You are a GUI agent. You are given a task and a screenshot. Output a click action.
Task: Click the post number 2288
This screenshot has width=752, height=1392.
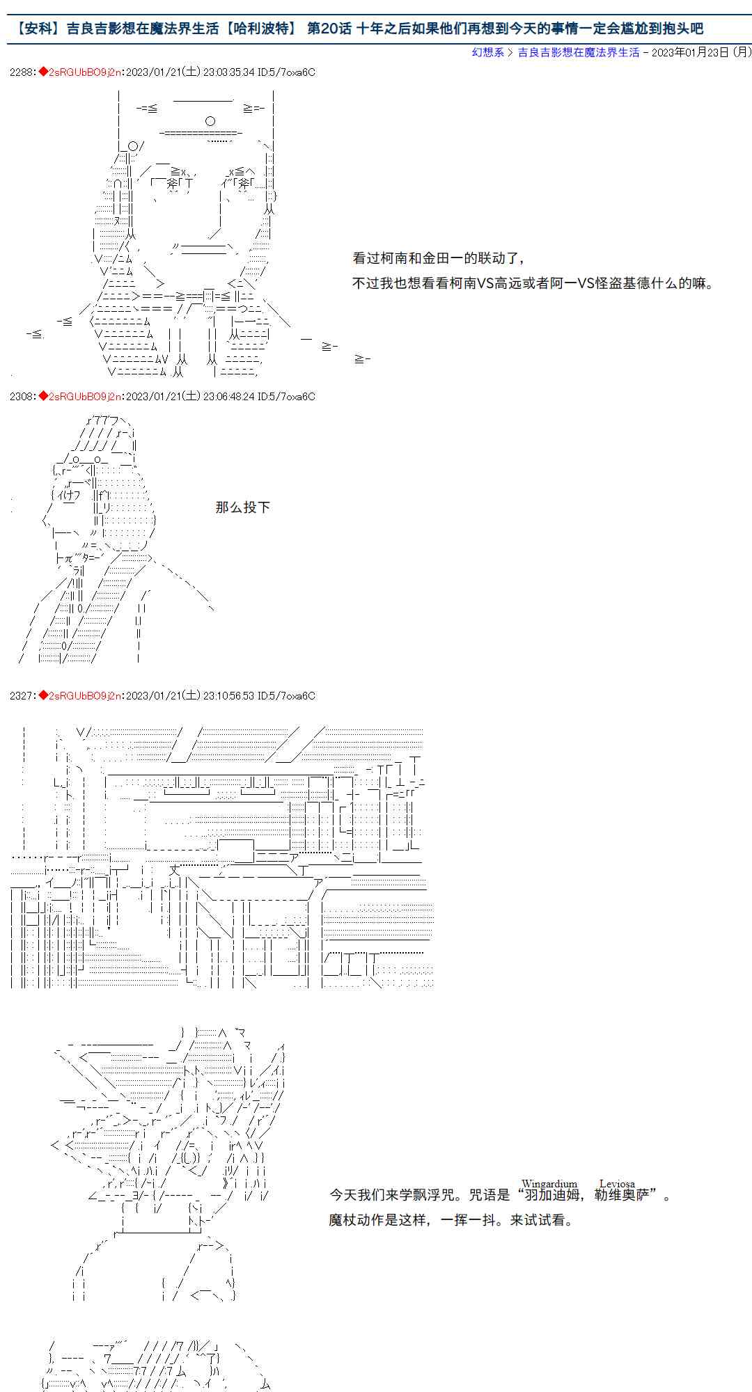tap(21, 72)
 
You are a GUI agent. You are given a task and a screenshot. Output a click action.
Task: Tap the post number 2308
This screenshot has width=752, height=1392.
tap(21, 396)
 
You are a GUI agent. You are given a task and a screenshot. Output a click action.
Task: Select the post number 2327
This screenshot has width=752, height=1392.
tap(21, 695)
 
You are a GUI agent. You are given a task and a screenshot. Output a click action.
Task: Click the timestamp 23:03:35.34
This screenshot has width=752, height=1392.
tap(228, 72)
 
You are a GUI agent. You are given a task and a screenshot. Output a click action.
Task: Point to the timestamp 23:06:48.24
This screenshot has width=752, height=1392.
tap(228, 396)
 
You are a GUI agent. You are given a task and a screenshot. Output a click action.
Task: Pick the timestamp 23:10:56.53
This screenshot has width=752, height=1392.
tap(228, 695)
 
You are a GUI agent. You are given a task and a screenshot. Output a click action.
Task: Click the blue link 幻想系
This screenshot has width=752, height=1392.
tap(487, 52)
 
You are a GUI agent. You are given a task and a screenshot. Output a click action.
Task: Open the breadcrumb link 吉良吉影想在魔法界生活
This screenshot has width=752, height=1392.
tap(578, 52)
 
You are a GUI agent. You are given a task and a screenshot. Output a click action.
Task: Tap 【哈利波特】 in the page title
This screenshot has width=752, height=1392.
tap(263, 29)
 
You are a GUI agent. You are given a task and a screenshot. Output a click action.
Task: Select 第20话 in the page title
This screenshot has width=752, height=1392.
tap(330, 29)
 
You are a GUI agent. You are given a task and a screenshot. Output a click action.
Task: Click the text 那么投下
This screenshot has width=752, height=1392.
tap(242, 507)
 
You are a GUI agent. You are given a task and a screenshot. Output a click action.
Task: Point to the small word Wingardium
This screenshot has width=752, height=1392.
tap(549, 1183)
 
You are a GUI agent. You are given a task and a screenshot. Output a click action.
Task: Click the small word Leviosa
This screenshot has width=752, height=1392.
tap(617, 1183)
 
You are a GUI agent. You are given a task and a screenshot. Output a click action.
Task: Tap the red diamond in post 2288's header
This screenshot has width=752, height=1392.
tap(43, 72)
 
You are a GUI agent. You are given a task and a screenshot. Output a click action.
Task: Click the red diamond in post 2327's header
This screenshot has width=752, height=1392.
tap(43, 695)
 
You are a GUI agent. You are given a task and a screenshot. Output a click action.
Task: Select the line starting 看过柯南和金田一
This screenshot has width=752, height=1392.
tap(439, 258)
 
